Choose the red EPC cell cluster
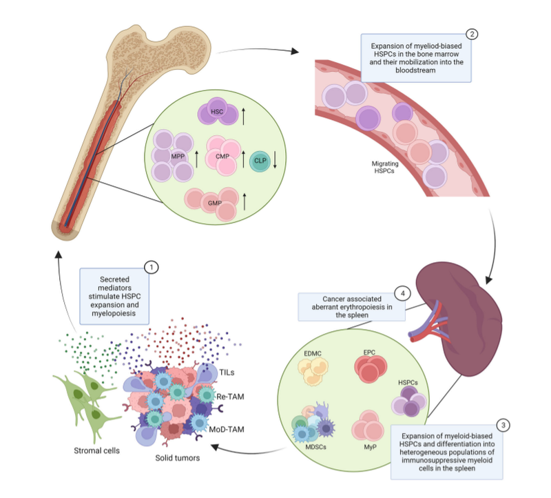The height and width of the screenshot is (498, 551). coord(370,369)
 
